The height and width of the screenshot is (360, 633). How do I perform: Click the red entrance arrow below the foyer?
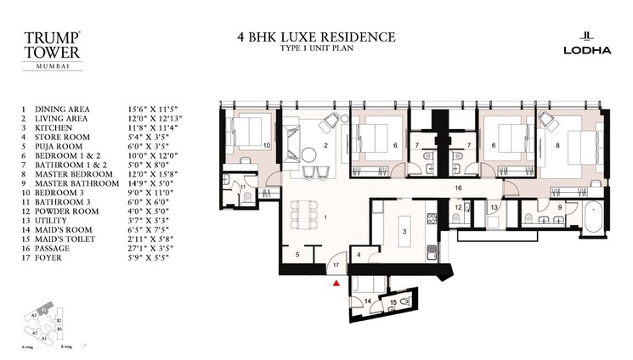(337, 284)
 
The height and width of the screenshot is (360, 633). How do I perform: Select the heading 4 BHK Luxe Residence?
(316, 37)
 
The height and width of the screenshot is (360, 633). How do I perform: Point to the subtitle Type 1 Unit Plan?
(316, 49)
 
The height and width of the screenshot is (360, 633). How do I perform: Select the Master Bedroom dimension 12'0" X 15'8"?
(155, 172)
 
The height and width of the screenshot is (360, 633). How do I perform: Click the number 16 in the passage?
(456, 187)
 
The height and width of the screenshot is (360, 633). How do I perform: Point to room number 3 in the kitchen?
(405, 232)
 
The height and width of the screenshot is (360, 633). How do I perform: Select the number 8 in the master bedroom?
(557, 145)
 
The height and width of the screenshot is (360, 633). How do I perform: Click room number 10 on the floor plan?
(266, 145)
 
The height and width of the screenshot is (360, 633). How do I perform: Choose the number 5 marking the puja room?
(297, 254)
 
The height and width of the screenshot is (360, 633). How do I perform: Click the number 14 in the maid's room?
(367, 301)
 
